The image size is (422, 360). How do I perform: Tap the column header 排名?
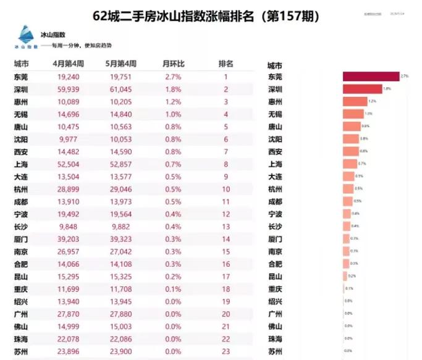point(226,64)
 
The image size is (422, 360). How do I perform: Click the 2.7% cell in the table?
point(172,77)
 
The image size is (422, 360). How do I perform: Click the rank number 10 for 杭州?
point(226,189)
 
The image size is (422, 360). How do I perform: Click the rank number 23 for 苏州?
point(226,351)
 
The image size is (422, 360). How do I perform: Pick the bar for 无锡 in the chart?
point(353,114)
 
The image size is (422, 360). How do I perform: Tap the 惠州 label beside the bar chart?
point(276,101)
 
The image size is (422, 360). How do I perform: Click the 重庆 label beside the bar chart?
point(276,289)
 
